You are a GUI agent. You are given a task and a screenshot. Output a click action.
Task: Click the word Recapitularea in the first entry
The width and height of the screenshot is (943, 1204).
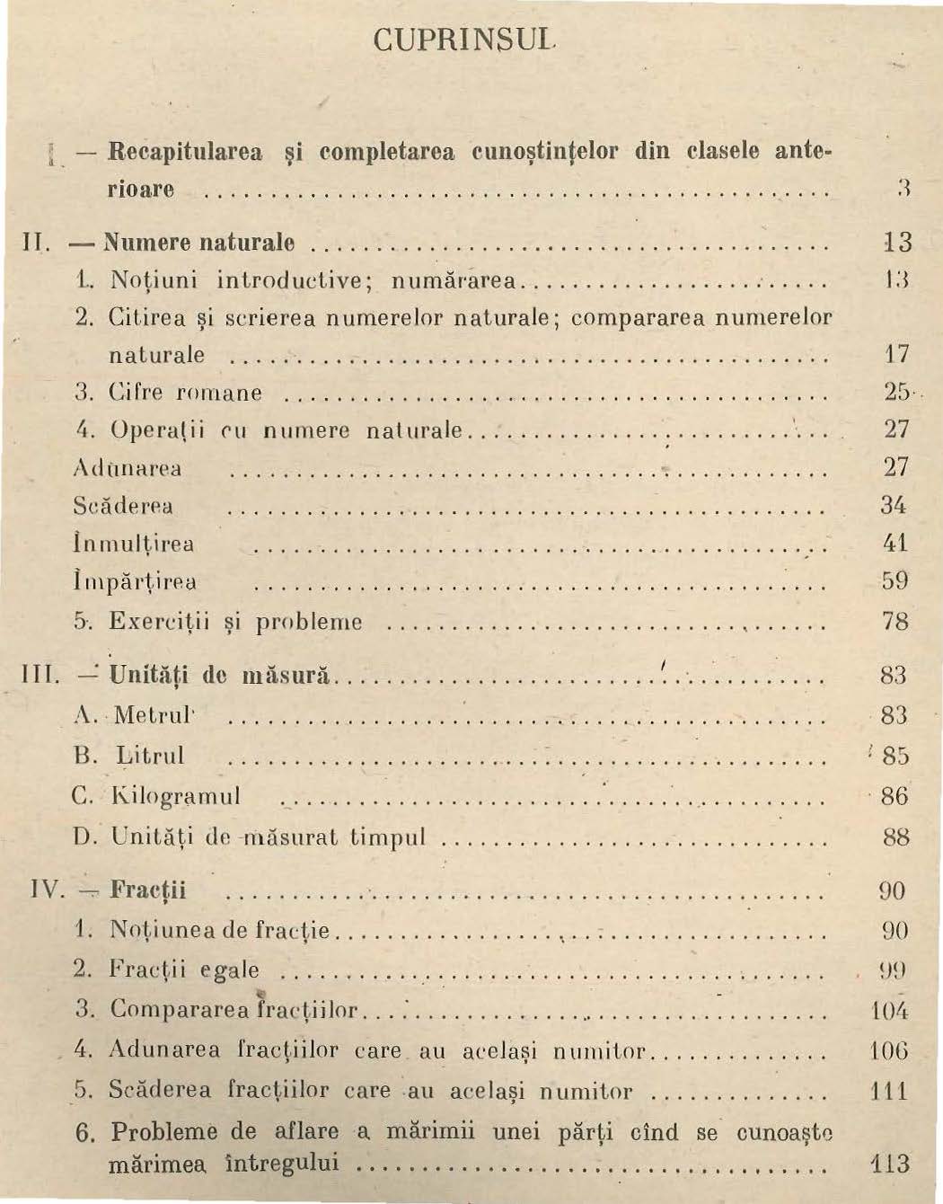[185, 151]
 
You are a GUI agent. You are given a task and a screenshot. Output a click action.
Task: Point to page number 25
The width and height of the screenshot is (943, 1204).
[895, 393]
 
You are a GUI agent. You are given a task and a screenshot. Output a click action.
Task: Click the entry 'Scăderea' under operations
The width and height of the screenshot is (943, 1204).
[123, 506]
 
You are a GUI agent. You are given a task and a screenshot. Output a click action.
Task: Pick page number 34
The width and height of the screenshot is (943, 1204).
[895, 505]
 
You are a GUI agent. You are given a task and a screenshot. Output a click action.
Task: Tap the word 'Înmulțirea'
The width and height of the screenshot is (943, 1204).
[133, 544]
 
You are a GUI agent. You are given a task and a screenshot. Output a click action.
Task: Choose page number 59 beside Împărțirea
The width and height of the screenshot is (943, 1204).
[895, 581]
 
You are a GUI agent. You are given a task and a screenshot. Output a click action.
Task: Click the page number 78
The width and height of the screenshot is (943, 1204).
[895, 621]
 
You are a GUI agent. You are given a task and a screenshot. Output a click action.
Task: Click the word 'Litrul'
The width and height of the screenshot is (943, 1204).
[150, 756]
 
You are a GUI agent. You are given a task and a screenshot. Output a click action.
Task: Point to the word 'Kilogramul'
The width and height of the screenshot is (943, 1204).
[175, 797]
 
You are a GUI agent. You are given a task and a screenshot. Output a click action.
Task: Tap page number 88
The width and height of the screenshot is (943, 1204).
[895, 837]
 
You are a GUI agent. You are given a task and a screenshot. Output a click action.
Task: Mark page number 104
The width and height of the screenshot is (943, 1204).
[890, 1010]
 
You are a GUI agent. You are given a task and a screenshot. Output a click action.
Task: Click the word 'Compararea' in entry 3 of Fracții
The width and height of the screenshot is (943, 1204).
[166, 1010]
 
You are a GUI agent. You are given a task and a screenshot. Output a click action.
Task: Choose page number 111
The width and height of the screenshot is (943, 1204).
[890, 1092]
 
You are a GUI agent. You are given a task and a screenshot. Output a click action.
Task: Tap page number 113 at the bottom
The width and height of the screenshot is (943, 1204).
[890, 1164]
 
